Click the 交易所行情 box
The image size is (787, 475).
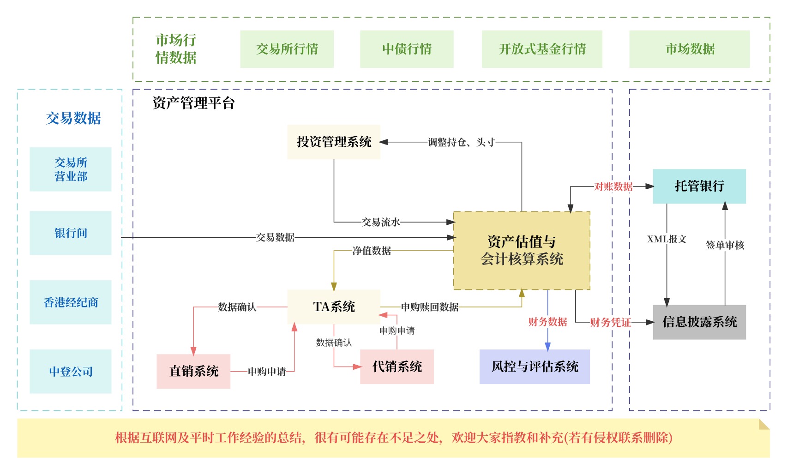pos(287,49)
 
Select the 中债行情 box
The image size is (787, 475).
pos(407,49)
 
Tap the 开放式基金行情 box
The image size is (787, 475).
pos(542,49)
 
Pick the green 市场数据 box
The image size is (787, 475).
pos(690,49)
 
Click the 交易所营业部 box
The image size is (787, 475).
pos(71,169)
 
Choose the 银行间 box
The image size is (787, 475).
pos(71,233)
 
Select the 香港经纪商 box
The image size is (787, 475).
pos(71,302)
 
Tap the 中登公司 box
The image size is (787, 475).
pos(71,371)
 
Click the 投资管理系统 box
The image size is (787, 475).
pos(334,142)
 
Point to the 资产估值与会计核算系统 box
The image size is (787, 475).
pos(522,251)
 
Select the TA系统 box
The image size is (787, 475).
pos(334,307)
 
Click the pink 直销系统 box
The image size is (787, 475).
pos(193,371)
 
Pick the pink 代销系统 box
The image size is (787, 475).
pos(397,367)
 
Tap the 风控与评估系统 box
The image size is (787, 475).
pos(535,367)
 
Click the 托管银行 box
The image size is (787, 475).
pos(699,186)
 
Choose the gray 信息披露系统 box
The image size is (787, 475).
pos(699,322)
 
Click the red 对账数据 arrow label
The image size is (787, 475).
pos(613,186)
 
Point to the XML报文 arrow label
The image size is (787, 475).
pos(667,239)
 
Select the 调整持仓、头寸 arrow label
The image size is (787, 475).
pos(461,142)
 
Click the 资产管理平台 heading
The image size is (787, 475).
pos(193,103)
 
